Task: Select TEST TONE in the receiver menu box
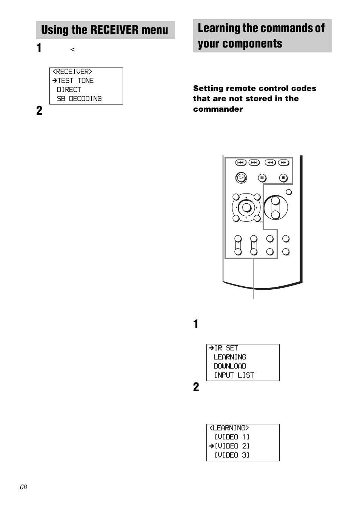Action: point(75,80)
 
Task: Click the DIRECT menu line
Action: point(69,89)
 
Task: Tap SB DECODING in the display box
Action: point(79,98)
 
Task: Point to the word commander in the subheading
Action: point(218,109)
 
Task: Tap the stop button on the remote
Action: point(283,178)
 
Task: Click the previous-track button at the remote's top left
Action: point(240,163)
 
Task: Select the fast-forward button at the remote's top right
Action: point(283,163)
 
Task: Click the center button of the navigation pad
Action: point(246,207)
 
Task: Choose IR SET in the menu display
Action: point(226,348)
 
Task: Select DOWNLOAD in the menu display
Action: point(229,366)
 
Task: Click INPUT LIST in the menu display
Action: point(234,375)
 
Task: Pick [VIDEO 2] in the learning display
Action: point(232,446)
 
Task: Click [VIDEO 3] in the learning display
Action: point(232,455)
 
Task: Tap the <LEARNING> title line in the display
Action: point(229,428)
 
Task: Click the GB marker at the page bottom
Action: point(23,487)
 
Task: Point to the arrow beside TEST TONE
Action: point(54,80)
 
